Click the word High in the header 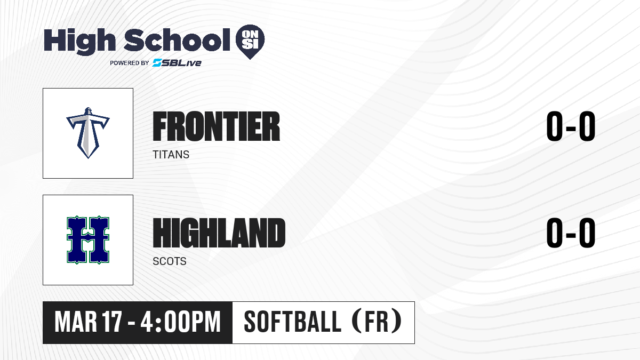[79, 42]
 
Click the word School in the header [177, 40]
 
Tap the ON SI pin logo [250, 42]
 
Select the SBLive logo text [177, 62]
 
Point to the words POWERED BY [130, 63]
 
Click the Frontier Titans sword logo [88, 133]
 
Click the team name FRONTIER [217, 126]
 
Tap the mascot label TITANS [171, 155]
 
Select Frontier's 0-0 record [571, 126]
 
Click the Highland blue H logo [88, 239]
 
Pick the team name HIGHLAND [219, 233]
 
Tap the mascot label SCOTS [170, 261]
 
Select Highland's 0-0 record [571, 233]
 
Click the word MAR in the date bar [76, 322]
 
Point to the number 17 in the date [113, 322]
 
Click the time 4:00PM [181, 322]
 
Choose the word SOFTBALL [293, 322]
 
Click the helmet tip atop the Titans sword [88, 108]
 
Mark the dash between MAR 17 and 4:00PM [131, 323]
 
